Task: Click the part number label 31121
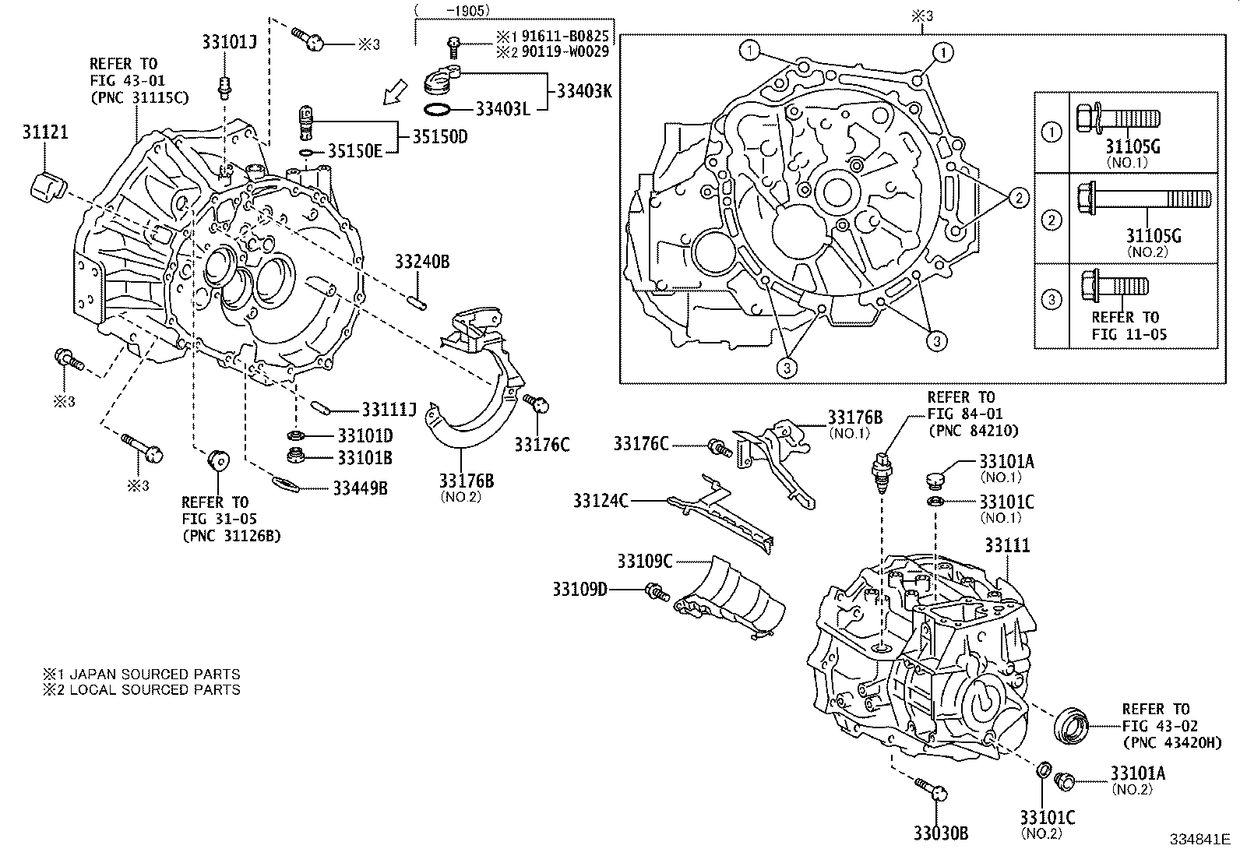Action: [x=45, y=132]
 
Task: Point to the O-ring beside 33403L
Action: [x=438, y=109]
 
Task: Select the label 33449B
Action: [x=360, y=488]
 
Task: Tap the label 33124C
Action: [x=601, y=501]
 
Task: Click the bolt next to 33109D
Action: [x=655, y=594]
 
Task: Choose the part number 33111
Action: [x=1007, y=546]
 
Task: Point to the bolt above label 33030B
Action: [x=932, y=790]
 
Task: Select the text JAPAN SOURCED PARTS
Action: [x=155, y=675]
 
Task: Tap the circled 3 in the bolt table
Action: [x=1052, y=300]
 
